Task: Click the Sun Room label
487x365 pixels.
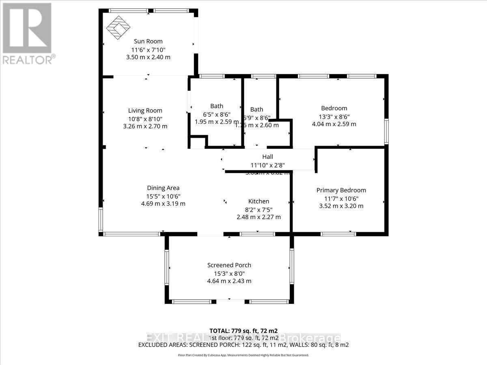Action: point(148,41)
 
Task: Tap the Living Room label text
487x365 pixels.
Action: point(145,110)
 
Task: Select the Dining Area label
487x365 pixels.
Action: point(163,188)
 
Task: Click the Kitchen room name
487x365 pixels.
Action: point(259,201)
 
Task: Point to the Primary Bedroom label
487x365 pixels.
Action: point(341,190)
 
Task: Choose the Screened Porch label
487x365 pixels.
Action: point(229,265)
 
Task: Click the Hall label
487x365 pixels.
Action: point(267,157)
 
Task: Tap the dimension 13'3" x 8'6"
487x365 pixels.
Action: point(334,116)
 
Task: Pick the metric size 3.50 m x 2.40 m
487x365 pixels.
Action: point(148,57)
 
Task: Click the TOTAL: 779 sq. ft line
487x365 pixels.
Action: point(243,331)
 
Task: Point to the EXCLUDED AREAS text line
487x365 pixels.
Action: point(243,345)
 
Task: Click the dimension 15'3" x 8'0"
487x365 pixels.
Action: point(229,273)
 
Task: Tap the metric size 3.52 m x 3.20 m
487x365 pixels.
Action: point(341,206)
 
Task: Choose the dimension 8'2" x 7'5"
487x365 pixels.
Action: point(259,209)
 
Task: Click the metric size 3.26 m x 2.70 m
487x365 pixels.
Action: point(145,126)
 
